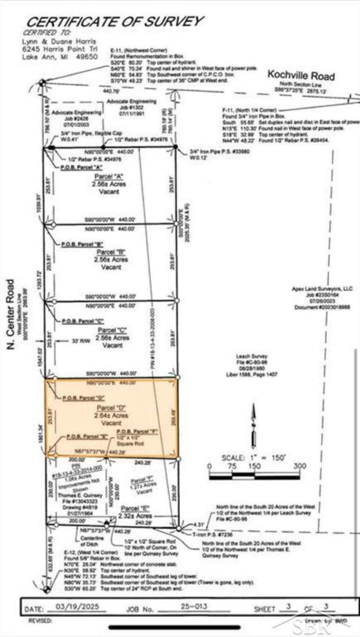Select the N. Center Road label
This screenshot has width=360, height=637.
click(x=10, y=314)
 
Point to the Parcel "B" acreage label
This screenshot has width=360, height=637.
click(x=108, y=259)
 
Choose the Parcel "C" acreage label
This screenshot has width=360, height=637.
click(x=108, y=337)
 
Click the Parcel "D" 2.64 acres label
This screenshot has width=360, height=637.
click(x=108, y=415)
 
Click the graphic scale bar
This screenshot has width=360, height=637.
click(x=254, y=476)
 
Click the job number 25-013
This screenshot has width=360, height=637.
click(x=193, y=608)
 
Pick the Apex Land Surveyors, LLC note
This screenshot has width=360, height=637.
click(x=323, y=298)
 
